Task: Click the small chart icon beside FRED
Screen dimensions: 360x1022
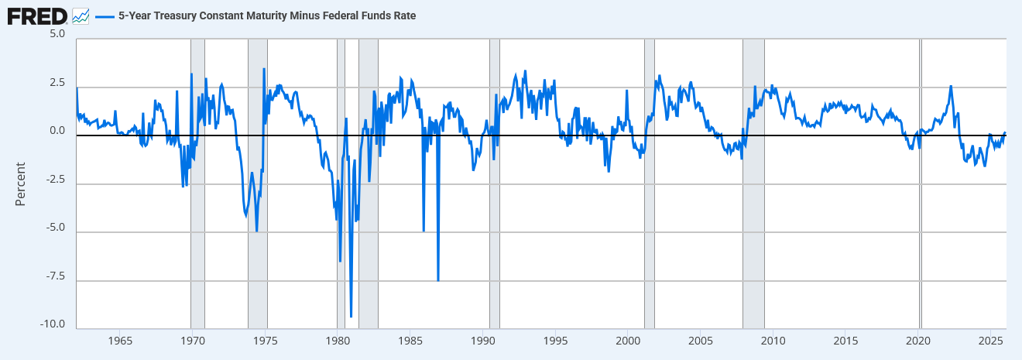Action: tap(81, 15)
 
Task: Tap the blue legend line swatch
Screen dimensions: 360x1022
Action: tap(105, 15)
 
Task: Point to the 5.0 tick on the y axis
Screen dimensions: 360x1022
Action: tap(57, 36)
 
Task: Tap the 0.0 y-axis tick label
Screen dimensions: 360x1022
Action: tap(57, 132)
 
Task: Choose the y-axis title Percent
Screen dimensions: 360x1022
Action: tap(21, 183)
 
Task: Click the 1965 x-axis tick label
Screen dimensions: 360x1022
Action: tap(119, 341)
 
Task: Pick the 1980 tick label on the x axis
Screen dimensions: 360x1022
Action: tap(338, 341)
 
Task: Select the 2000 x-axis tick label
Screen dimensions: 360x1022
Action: tap(628, 341)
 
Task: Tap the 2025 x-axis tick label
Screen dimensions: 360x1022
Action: tap(991, 341)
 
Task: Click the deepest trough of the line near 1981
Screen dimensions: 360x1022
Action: tap(351, 316)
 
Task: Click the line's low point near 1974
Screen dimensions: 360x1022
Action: tap(256, 231)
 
